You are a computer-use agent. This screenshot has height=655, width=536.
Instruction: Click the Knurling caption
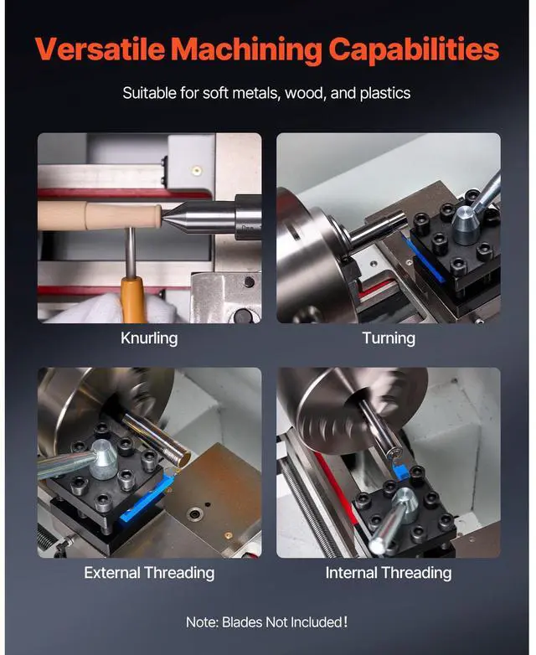[149, 338]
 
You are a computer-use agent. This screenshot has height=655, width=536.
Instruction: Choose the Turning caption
[389, 338]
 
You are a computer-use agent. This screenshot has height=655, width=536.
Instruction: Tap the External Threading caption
[149, 573]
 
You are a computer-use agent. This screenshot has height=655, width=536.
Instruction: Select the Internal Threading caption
[389, 573]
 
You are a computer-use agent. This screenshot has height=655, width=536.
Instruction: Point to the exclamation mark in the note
[345, 621]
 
